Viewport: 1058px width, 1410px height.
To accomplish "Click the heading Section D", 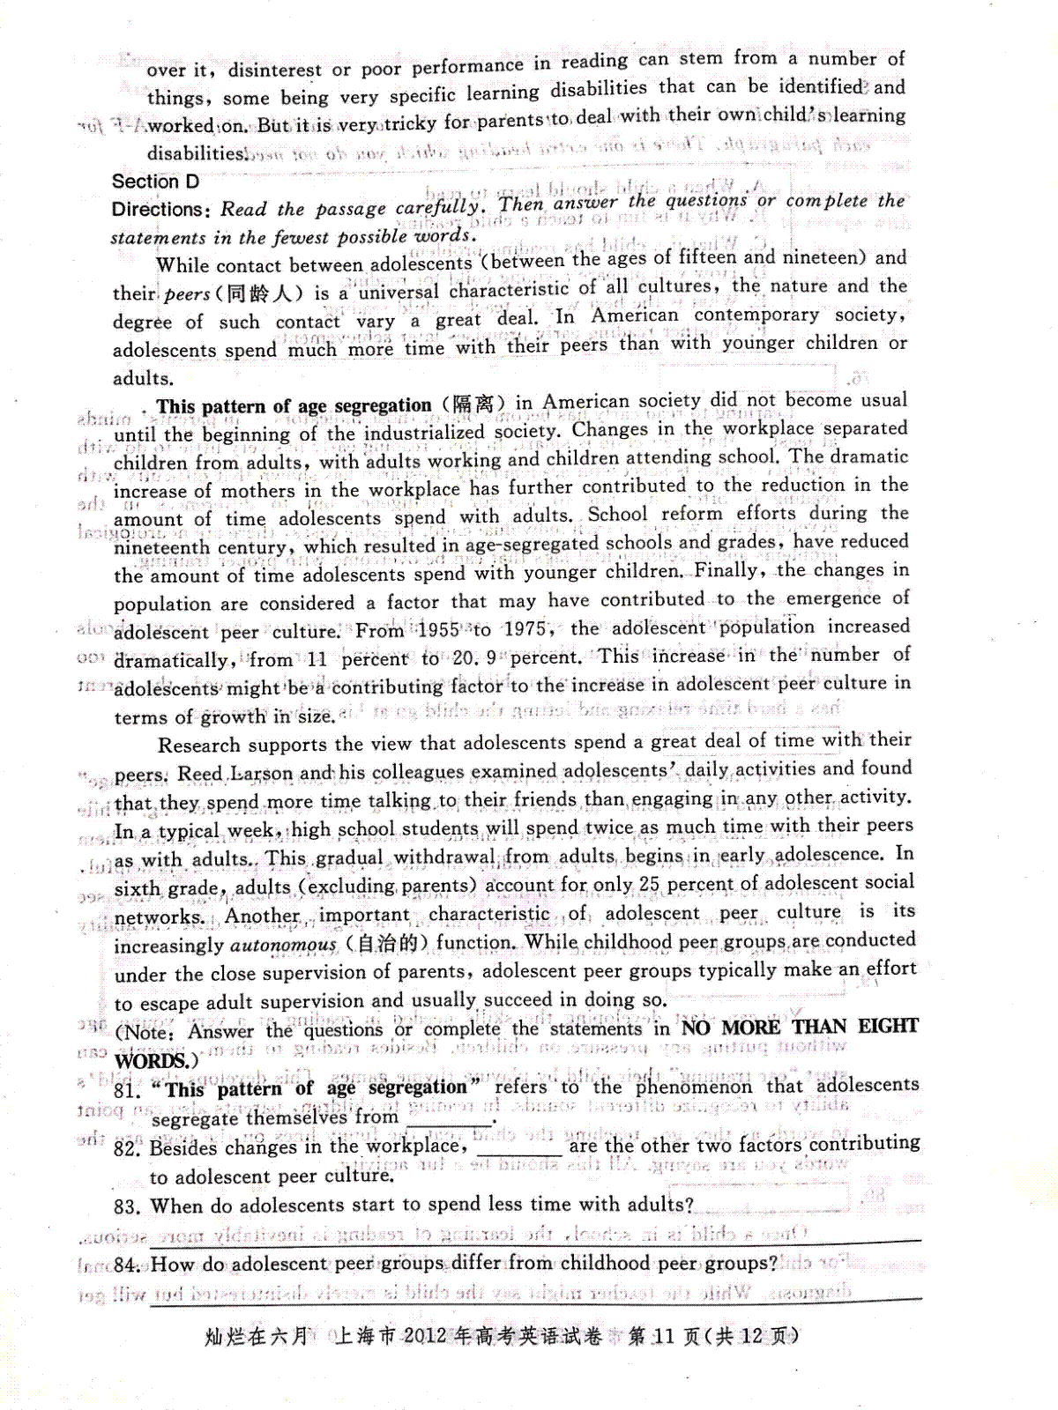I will tap(155, 182).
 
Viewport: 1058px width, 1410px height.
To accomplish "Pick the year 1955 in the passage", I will tap(438, 630).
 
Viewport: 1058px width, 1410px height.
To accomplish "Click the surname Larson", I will tap(260, 774).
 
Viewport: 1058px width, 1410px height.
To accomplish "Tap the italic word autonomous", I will tap(283, 946).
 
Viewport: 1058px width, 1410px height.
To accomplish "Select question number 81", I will tap(127, 1090).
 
